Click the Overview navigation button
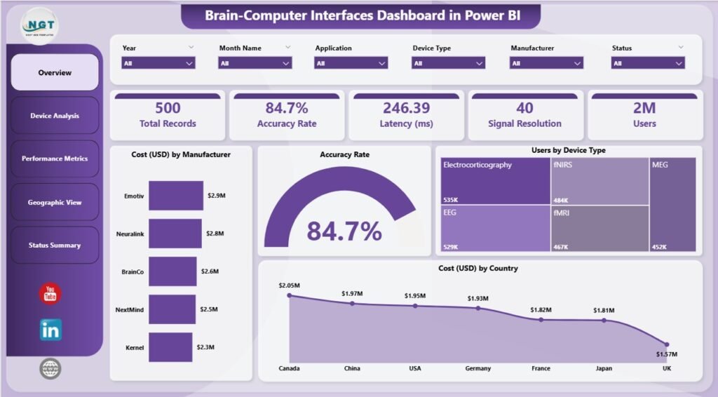[x=55, y=72]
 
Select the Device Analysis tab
[x=55, y=116]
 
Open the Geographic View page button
[x=55, y=202]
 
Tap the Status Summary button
[x=55, y=245]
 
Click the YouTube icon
[x=50, y=294]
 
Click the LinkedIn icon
[x=50, y=330]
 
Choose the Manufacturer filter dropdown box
[x=546, y=63]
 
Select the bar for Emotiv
[x=176, y=196]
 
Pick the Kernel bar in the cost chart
[x=170, y=346]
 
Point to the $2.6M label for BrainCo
[x=210, y=271]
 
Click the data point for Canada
[x=290, y=295]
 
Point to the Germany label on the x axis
[x=478, y=368]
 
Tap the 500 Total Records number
[x=168, y=108]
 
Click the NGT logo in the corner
[x=41, y=25]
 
